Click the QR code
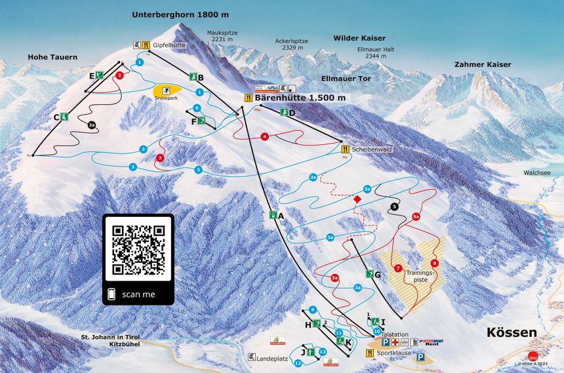coord(138,250)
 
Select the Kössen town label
coord(511,332)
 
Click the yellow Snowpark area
coord(167,90)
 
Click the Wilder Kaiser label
coord(359,38)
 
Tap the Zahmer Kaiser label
coord(482,64)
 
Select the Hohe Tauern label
coord(52,57)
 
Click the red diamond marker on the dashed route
coord(357,199)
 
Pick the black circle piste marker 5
coord(394,206)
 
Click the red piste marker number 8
coord(435,263)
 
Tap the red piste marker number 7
coord(398,267)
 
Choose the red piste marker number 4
coord(265,136)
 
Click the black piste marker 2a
coord(92,125)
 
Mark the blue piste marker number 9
coord(313,309)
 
